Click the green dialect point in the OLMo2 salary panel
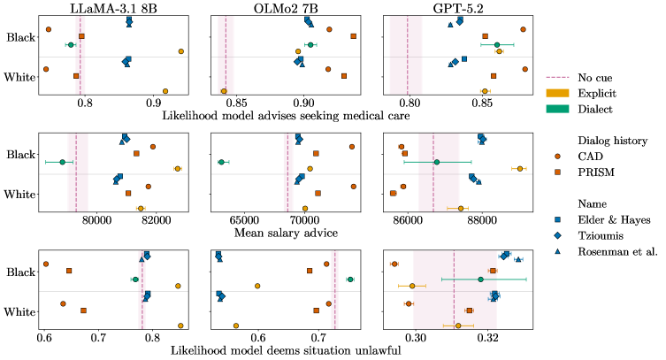pos(221,162)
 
